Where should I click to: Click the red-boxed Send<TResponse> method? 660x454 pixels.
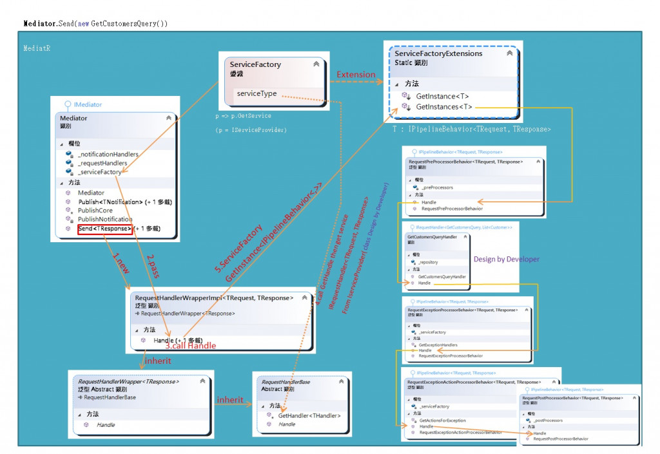point(105,229)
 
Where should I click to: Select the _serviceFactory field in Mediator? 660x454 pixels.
point(99,172)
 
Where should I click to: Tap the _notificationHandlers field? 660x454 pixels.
point(108,154)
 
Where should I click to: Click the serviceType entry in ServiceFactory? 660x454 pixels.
point(257,93)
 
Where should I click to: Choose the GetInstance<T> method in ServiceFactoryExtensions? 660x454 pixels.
point(441,96)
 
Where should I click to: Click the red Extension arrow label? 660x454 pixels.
point(356,75)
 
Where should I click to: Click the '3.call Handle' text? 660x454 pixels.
point(190,346)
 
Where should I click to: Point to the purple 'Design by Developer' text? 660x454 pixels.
point(506,259)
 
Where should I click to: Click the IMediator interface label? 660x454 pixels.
point(87,104)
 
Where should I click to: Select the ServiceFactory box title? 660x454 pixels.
point(255,64)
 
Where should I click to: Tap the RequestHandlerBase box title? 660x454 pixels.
point(286,382)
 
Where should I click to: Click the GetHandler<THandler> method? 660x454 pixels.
point(309,415)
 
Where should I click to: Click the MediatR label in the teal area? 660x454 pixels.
point(37,48)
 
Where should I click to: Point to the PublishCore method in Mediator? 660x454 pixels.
point(95,211)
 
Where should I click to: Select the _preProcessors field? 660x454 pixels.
point(438,187)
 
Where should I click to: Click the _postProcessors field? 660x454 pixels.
point(548,421)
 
